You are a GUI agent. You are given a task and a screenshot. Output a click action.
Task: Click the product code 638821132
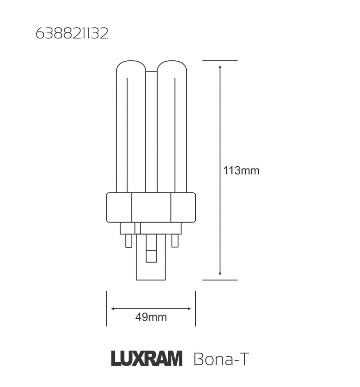click(72, 34)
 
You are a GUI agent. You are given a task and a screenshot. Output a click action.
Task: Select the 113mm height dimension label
click(241, 171)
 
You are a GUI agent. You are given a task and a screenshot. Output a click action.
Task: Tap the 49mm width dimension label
click(151, 317)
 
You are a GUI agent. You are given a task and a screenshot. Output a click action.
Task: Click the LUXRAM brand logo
click(146, 360)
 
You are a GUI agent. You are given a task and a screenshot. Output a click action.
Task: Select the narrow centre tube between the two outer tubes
click(151, 130)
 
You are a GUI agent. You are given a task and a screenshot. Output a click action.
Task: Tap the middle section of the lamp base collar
click(151, 207)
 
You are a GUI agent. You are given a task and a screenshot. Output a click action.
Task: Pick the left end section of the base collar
click(118, 207)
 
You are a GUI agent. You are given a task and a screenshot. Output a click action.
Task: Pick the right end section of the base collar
click(183, 207)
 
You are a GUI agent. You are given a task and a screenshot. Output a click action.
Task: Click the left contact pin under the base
click(128, 240)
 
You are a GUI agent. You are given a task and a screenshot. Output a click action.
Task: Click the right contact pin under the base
click(175, 240)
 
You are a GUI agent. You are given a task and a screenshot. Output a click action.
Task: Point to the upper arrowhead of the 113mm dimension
click(220, 67)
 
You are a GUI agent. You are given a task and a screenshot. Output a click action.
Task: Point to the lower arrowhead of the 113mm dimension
click(220, 273)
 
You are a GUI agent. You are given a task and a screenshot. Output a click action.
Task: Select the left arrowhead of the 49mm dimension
click(113, 309)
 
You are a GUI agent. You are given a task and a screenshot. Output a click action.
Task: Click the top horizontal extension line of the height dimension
click(220, 60)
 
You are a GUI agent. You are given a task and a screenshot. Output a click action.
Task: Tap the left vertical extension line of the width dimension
click(106, 309)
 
